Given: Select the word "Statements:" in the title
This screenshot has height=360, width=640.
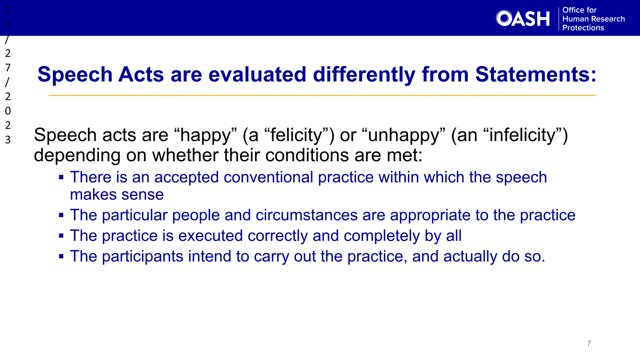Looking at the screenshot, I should click(536, 74).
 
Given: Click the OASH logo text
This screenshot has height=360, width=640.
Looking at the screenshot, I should click(523, 18).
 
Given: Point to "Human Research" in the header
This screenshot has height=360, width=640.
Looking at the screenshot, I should click(593, 19).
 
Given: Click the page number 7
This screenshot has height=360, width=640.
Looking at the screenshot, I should click(589, 344).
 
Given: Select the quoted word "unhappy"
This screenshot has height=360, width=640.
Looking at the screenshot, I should click(403, 135).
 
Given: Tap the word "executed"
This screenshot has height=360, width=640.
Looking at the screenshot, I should click(210, 236).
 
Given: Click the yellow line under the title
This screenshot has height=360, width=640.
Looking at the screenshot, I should click(322, 96).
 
